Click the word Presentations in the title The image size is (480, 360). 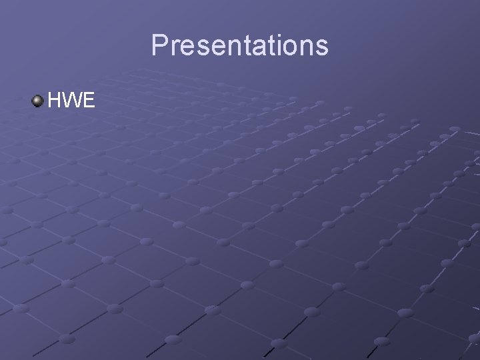[239, 45]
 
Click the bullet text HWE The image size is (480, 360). [72, 101]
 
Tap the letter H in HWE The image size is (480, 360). [55, 101]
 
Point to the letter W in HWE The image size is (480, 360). [73, 101]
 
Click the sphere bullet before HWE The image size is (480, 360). [37, 101]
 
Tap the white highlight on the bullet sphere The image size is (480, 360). [36, 99]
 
